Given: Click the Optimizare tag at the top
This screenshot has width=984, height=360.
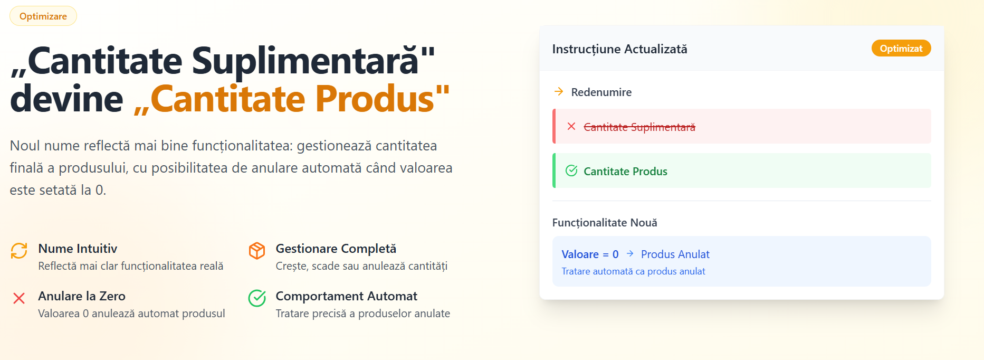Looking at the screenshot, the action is [x=43, y=16].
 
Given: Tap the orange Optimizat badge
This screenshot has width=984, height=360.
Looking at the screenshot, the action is [x=901, y=48].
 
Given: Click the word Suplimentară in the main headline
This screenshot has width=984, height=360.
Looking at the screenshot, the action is [x=305, y=61].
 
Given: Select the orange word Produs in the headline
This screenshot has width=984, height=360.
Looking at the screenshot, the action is [x=374, y=99].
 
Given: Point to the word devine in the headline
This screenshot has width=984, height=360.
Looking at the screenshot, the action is [x=66, y=99].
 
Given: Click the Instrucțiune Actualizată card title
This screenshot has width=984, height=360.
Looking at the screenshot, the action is [x=619, y=49].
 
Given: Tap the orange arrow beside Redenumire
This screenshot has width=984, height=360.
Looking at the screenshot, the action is [x=559, y=92].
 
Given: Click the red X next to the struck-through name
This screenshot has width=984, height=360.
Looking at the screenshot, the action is [x=571, y=126].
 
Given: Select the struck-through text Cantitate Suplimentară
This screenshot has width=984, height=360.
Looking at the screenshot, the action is [x=639, y=127].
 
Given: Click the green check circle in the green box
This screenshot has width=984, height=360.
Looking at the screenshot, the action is [x=571, y=170].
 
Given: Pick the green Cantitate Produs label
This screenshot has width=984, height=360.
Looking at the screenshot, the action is [x=625, y=172].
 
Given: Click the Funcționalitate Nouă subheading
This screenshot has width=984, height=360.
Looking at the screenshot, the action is [x=605, y=223].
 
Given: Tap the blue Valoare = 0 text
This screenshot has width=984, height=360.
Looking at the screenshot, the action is [x=590, y=254].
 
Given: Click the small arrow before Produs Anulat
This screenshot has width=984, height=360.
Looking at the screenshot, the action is [x=630, y=254].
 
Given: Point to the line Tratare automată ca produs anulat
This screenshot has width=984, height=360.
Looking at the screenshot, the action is [x=633, y=271].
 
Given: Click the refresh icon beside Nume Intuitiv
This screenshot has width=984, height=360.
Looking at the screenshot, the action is [x=19, y=251].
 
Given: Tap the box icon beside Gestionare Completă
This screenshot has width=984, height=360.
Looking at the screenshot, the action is [x=257, y=251].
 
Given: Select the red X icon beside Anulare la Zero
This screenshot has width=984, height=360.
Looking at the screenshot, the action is [x=19, y=298].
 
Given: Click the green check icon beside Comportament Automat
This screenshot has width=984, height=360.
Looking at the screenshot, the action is [x=257, y=298].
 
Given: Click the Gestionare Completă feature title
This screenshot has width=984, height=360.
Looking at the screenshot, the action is [x=336, y=249].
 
